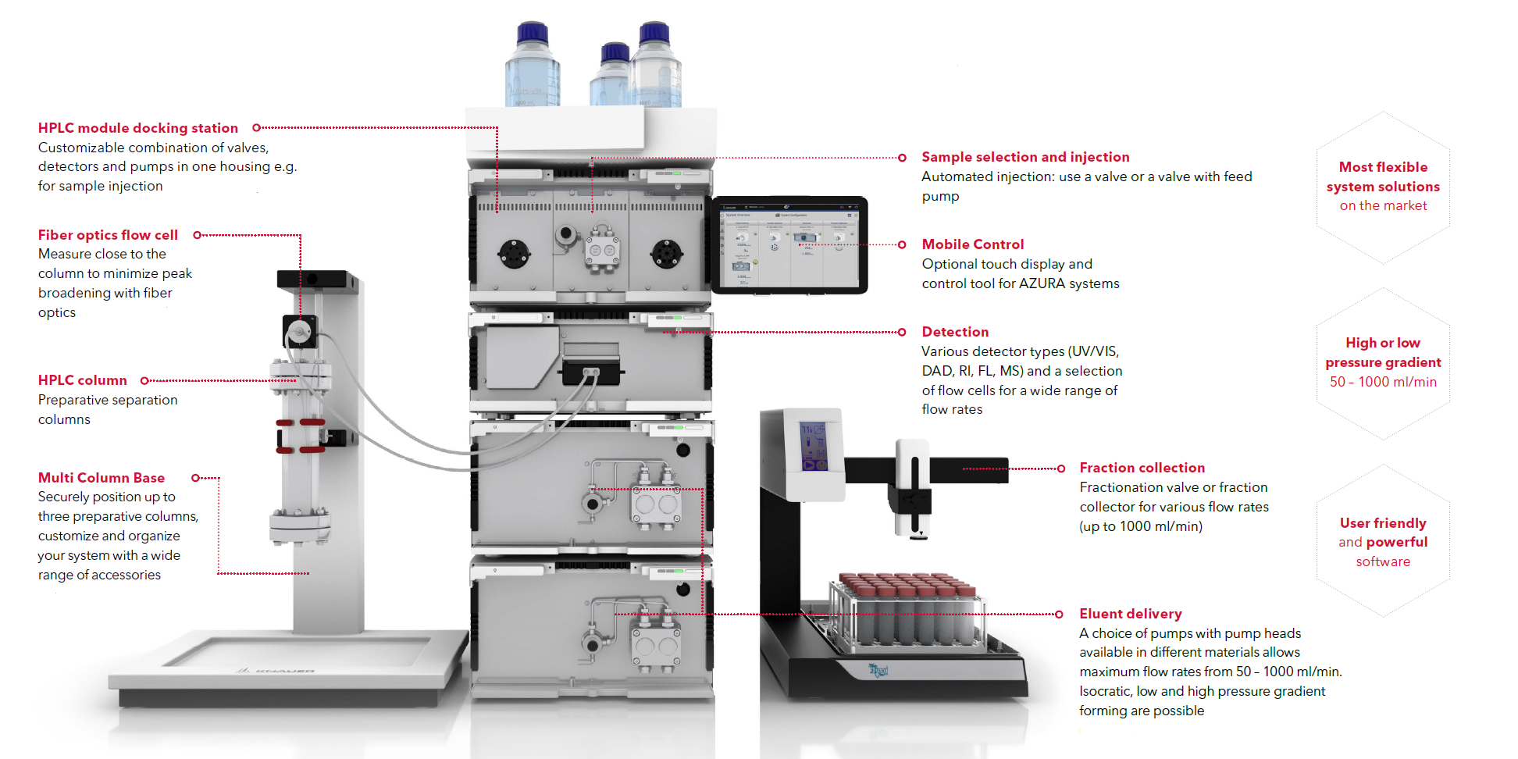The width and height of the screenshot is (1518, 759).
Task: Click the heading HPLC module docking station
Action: (137, 128)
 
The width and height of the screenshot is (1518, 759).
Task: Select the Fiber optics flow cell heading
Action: (108, 235)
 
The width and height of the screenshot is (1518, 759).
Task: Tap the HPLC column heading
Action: (82, 380)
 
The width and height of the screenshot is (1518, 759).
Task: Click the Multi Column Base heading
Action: (101, 478)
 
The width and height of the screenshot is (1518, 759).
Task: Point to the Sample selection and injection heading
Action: (1024, 157)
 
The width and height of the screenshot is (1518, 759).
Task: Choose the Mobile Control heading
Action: (972, 244)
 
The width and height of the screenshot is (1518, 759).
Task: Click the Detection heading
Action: (954, 332)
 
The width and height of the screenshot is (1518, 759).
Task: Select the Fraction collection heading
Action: (1142, 468)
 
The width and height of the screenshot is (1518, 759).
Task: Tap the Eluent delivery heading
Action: (1130, 614)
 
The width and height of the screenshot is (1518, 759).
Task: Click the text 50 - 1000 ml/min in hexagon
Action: (1383, 382)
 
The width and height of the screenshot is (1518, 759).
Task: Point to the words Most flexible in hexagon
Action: (1383, 167)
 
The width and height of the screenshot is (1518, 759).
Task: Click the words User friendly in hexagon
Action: (1383, 523)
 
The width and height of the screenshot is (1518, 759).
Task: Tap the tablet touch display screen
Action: (789, 244)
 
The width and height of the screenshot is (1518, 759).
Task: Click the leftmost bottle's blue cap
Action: (533, 32)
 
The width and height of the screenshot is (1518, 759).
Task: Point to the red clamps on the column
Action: (301, 436)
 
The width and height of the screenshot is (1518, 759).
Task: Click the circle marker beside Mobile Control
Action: (902, 244)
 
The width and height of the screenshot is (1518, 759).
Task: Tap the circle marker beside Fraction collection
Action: (1060, 469)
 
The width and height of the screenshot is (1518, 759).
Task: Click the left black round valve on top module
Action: (514, 252)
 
